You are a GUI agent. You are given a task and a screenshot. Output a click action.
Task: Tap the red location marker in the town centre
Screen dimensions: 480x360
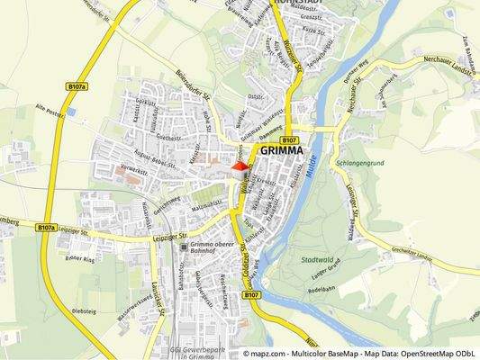[240, 165]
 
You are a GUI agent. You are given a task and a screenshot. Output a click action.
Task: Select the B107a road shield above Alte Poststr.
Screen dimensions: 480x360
[77, 87]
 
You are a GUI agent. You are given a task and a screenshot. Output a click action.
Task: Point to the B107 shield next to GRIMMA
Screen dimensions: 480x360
[289, 140]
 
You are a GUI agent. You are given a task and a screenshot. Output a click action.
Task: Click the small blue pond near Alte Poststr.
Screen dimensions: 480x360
[71, 112]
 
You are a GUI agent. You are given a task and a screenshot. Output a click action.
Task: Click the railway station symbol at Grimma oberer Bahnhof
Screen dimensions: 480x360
[184, 246]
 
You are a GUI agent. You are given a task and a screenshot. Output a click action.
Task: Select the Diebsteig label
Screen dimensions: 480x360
[83, 311]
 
